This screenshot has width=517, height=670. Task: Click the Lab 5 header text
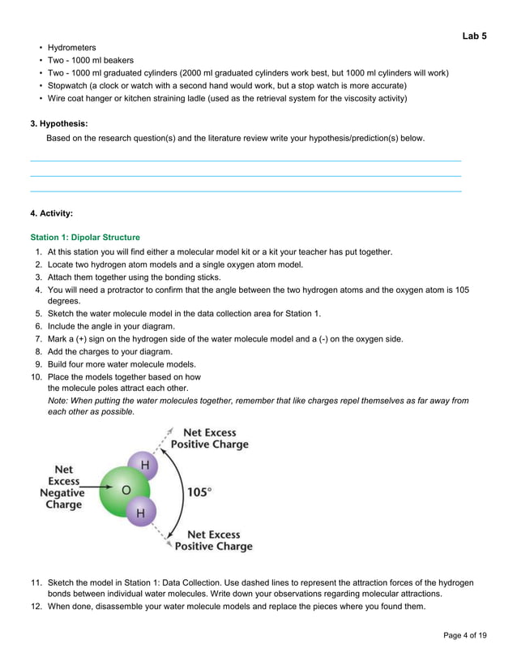point(474,36)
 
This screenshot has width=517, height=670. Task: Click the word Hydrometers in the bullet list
point(71,48)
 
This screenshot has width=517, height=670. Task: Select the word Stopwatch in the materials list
point(70,85)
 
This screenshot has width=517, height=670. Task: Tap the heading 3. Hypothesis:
point(59,124)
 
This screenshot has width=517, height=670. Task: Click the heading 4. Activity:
point(51,213)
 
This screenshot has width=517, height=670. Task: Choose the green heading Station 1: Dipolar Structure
point(85,238)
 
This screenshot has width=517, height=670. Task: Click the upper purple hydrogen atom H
point(145,465)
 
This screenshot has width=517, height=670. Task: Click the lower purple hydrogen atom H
point(141,513)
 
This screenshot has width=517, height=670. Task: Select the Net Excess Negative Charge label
point(62,487)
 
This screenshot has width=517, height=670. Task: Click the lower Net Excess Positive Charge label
point(219,540)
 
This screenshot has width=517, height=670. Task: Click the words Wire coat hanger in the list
point(83,98)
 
